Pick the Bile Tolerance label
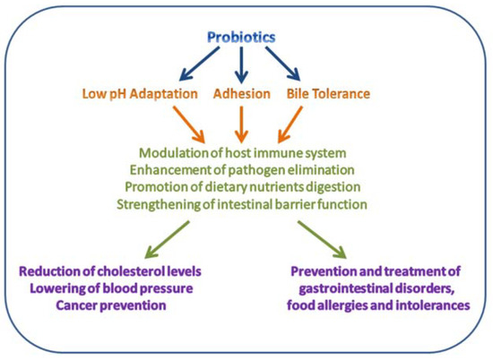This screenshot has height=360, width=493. [328, 92]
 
